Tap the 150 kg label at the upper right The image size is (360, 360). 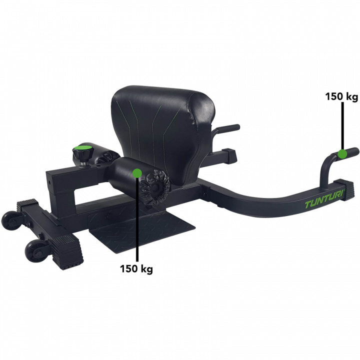(341, 96)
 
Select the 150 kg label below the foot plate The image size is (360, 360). (136, 268)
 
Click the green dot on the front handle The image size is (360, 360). (342, 153)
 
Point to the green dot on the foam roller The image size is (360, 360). (137, 173)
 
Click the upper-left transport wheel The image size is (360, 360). (11, 220)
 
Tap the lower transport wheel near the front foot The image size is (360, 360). (36, 252)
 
